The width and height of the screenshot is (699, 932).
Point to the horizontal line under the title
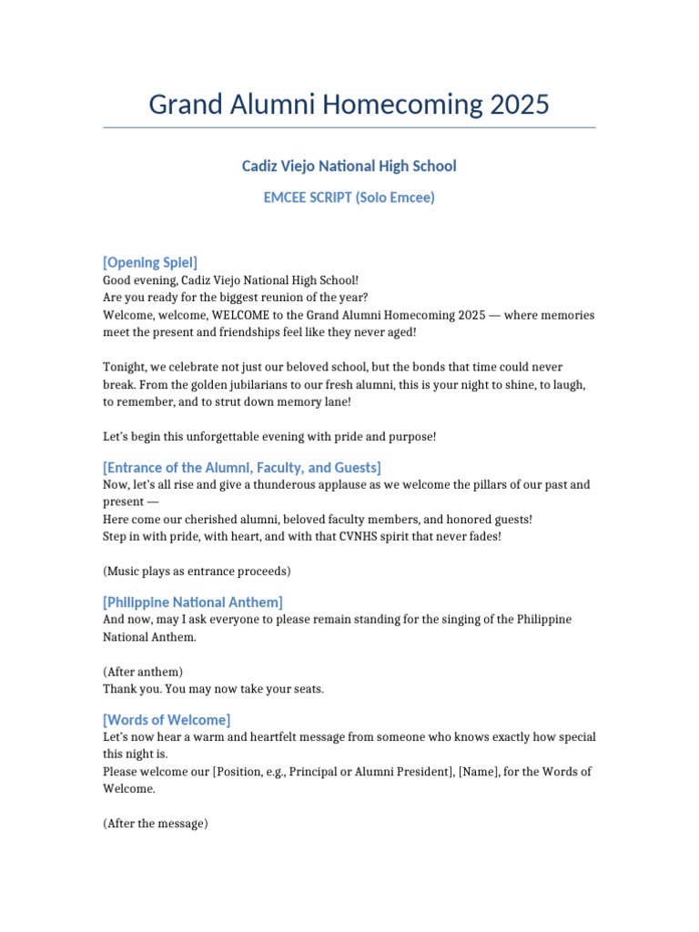coord(349,127)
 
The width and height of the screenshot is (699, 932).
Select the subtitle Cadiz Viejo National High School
coord(349,166)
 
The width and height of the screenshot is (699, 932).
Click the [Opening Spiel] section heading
coord(150,262)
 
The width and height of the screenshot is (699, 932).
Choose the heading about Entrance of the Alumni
coord(242,467)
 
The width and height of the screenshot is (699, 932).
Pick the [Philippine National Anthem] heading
coord(193,602)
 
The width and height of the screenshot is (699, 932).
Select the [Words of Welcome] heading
coord(167,720)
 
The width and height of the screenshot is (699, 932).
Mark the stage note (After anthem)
coord(143,672)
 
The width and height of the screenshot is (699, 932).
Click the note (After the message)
coord(156,824)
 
